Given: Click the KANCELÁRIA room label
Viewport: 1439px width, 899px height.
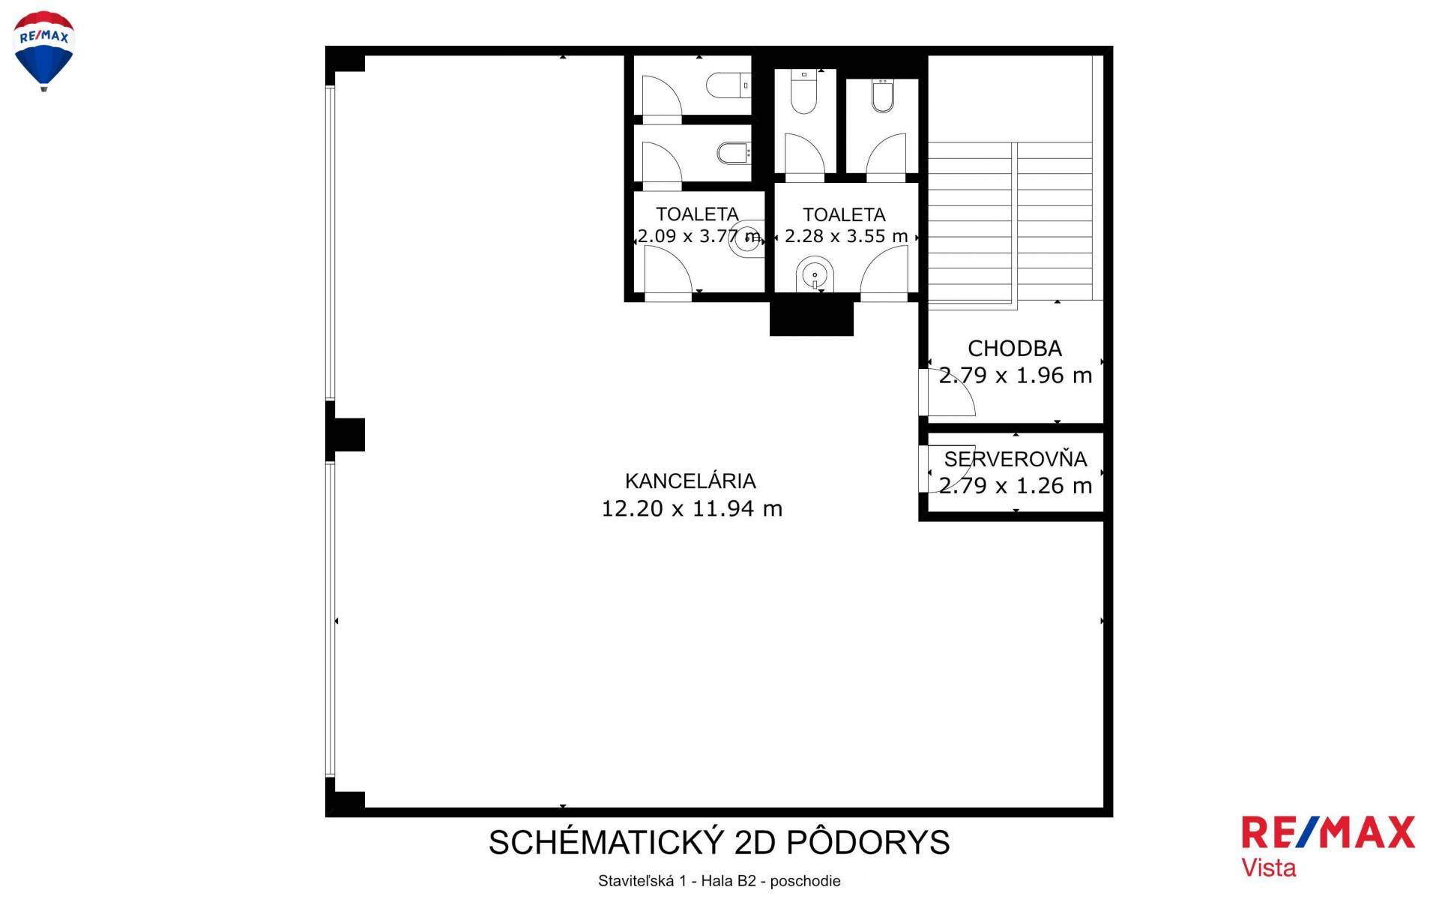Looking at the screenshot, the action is click(690, 481).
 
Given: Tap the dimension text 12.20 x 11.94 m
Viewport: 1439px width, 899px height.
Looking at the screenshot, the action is click(692, 508).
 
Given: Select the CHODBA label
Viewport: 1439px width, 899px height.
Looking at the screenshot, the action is click(1015, 349).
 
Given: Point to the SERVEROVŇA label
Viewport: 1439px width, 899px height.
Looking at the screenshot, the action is click(1016, 459).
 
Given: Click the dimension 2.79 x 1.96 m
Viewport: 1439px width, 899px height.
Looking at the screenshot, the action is click(1016, 375).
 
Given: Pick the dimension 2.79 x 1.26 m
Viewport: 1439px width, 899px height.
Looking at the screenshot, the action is click(1016, 486).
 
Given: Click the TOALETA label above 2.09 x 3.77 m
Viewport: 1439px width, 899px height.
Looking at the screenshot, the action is click(697, 214).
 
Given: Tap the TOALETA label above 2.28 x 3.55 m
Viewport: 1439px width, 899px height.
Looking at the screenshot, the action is click(844, 215).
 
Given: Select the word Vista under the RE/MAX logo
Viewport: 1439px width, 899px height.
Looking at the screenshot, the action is click(1269, 868).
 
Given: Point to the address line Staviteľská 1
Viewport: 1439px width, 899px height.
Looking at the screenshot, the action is click(642, 881).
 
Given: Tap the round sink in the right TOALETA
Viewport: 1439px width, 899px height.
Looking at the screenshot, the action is click(815, 275).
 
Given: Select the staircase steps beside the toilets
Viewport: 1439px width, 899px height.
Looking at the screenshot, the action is click(1010, 226).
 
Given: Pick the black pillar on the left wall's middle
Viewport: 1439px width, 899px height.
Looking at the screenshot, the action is click(346, 434).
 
